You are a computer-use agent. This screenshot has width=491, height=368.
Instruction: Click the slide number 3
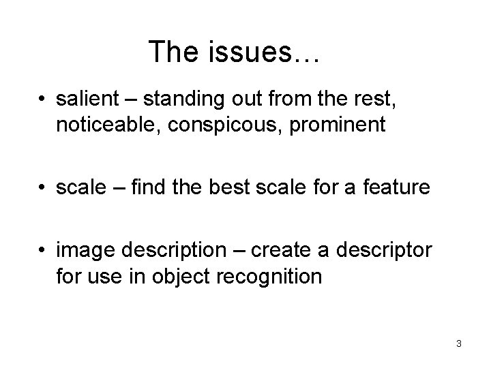pos(459,343)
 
